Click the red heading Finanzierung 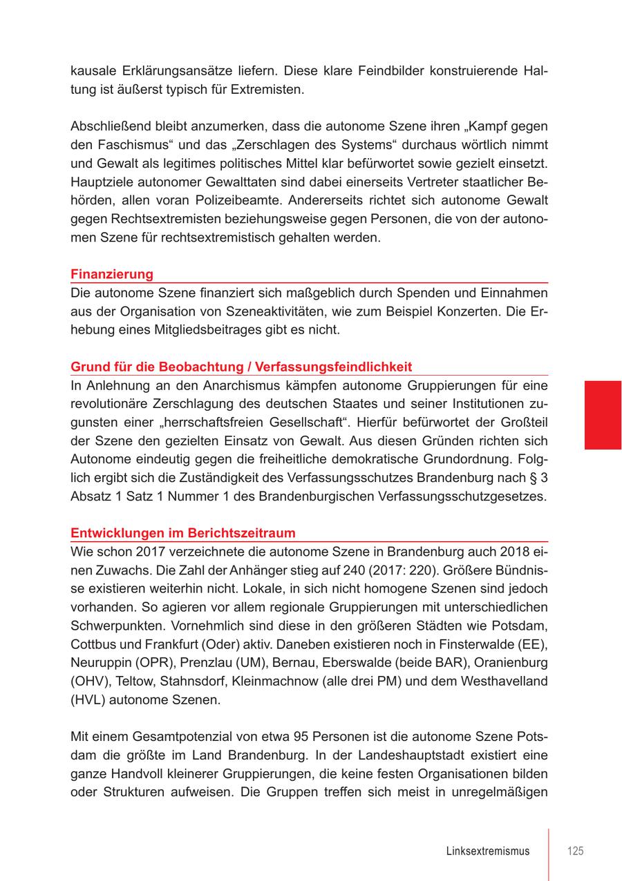(112, 274)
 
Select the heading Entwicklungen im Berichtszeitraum (183, 533)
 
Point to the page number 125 (575, 851)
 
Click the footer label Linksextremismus (488, 851)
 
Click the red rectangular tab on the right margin (603, 414)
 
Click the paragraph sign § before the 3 (532, 478)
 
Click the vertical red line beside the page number (549, 854)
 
